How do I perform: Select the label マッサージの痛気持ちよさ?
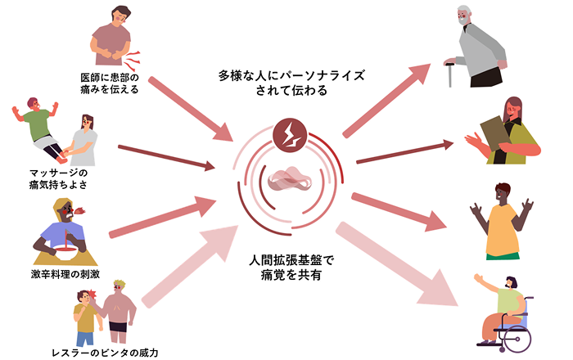(x=58, y=178)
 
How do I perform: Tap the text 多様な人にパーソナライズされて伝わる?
(x=291, y=83)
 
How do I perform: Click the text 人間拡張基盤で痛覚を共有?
(x=291, y=269)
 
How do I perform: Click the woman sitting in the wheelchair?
(x=503, y=307)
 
